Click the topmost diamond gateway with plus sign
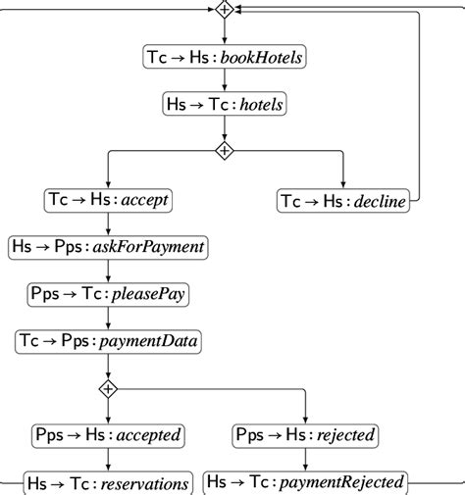point(225,10)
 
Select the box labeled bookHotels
point(225,58)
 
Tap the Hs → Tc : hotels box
point(225,103)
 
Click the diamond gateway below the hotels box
point(225,151)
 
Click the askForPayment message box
point(108,247)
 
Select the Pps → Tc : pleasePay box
point(108,294)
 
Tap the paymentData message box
point(108,341)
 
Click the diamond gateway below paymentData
point(108,388)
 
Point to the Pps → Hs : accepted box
point(108,435)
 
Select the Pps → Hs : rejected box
point(305,435)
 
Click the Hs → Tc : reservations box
point(108,481)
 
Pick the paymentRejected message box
point(305,481)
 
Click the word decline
point(379,201)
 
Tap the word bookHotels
point(262,58)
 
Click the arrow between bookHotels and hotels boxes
point(225,81)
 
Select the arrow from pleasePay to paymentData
point(108,318)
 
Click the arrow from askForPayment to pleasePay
point(108,271)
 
